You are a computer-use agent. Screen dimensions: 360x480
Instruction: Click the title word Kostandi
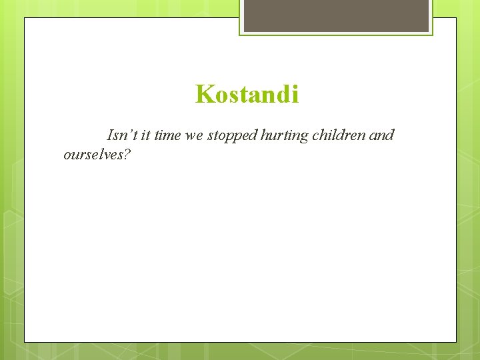pyautogui.click(x=247, y=95)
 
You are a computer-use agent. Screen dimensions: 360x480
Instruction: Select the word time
pyautogui.click(x=167, y=135)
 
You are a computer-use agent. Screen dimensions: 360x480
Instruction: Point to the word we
pyautogui.click(x=194, y=136)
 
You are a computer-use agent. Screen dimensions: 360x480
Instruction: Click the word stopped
pyautogui.click(x=231, y=136)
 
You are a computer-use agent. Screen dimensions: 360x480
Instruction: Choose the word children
pyautogui.click(x=339, y=135)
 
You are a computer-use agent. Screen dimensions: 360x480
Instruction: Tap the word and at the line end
pyautogui.click(x=381, y=135)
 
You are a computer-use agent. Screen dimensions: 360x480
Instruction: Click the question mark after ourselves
pyautogui.click(x=127, y=155)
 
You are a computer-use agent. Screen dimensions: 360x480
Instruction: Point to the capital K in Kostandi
pyautogui.click(x=203, y=95)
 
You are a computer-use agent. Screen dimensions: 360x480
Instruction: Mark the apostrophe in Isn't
pyautogui.click(x=131, y=132)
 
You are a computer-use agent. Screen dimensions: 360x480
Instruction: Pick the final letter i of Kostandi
pyautogui.click(x=295, y=95)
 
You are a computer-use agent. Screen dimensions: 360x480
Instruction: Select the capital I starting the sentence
pyautogui.click(x=110, y=135)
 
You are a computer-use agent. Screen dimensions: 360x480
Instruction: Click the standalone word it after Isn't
pyautogui.click(x=145, y=135)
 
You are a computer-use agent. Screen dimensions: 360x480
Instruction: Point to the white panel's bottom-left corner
pyautogui.click(x=25, y=342)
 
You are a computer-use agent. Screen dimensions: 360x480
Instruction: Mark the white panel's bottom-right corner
pyautogui.click(x=456, y=342)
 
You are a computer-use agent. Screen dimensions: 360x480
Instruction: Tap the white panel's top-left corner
pyautogui.click(x=25, y=18)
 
